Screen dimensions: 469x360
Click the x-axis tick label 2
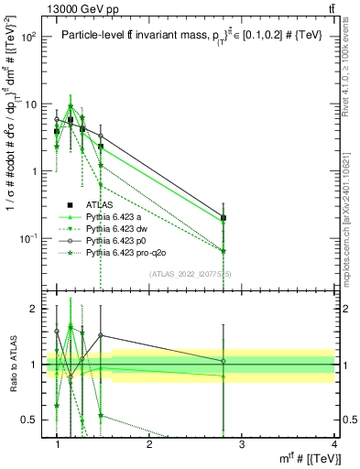pos(149,444)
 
